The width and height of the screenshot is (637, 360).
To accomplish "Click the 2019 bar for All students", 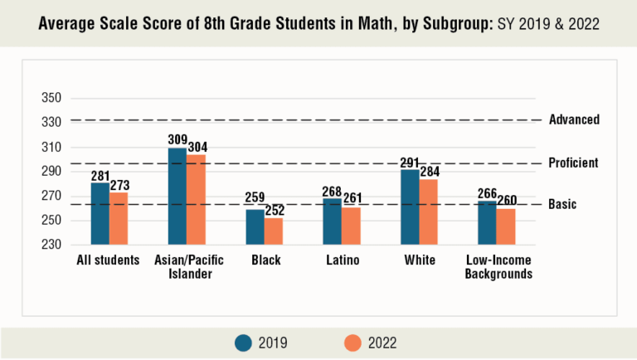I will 100,213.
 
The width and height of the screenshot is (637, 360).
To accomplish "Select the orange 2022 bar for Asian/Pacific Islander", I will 197,199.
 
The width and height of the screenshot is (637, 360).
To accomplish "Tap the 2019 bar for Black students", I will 255,226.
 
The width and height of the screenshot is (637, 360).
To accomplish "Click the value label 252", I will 275,211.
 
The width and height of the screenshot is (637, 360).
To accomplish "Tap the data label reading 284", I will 429,172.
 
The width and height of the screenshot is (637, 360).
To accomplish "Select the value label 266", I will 487,193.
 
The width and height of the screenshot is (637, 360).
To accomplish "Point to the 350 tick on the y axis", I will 52,98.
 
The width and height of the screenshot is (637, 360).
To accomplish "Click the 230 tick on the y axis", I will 52,245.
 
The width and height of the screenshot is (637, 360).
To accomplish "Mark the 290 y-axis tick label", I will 52,172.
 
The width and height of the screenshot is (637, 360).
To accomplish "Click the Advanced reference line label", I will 574,119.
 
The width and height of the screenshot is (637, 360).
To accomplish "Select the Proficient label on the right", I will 573,163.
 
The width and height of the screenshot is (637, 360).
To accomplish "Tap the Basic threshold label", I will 562,204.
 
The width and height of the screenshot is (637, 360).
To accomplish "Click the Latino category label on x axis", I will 342,260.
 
